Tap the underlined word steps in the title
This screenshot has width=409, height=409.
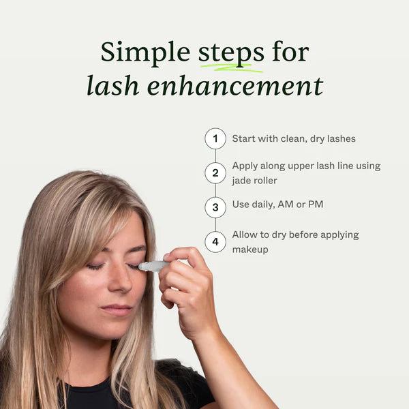(231, 52)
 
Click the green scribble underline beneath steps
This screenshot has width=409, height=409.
(232, 67)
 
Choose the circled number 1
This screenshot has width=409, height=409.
(215, 138)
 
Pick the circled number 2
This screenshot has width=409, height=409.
(215, 172)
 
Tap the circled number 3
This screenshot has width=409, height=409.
(215, 207)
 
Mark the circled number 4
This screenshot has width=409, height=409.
(215, 241)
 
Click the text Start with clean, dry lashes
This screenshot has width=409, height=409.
(293, 138)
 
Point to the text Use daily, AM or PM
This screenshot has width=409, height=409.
(277, 204)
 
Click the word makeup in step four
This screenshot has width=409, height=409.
(249, 249)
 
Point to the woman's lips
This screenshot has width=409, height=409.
(117, 310)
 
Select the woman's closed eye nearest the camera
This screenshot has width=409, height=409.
(95, 267)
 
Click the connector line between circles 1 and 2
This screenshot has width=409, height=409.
(215, 155)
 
